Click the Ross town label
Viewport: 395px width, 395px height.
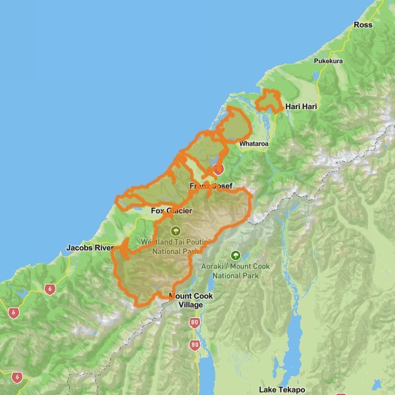pos(363,25)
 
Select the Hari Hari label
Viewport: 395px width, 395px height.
pos(302,106)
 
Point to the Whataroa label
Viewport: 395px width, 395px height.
pos(254,144)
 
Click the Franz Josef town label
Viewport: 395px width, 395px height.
pos(211,186)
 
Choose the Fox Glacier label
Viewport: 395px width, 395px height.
pos(171,211)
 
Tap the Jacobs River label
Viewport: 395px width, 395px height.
pos(90,248)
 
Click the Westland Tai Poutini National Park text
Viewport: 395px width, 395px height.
pos(174,247)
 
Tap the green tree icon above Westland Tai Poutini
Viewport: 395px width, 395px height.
pos(175,231)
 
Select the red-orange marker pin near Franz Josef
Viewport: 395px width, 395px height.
pos(218,169)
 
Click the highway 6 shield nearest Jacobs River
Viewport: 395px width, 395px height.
pos(50,289)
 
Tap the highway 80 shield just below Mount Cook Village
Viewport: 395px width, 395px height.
pos(195,323)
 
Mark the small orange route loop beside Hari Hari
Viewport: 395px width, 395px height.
pos(269,101)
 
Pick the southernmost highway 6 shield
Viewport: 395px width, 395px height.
pos(16,378)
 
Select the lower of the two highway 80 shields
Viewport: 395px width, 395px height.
pos(195,344)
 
